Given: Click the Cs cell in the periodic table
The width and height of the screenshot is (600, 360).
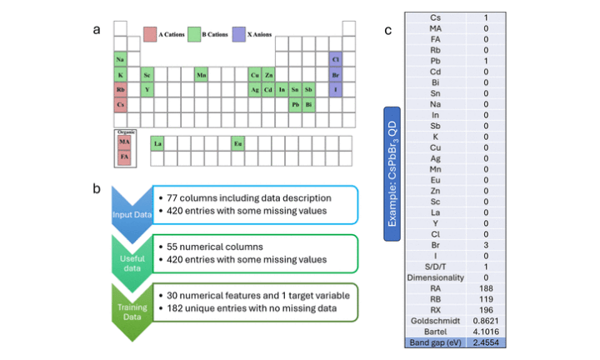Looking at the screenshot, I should (120, 104).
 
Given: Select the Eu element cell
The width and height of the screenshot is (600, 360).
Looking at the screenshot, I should (237, 143).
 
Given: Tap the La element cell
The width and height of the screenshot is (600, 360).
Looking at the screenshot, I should (157, 143).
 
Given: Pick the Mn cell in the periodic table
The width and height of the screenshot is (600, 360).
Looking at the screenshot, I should (201, 75).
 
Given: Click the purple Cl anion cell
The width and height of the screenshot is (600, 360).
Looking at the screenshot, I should (335, 60).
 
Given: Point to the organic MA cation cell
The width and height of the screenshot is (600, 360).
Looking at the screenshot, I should (123, 142).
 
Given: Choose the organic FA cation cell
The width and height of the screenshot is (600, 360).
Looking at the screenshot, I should (123, 156).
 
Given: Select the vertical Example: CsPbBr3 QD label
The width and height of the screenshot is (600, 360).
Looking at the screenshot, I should (391, 172).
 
